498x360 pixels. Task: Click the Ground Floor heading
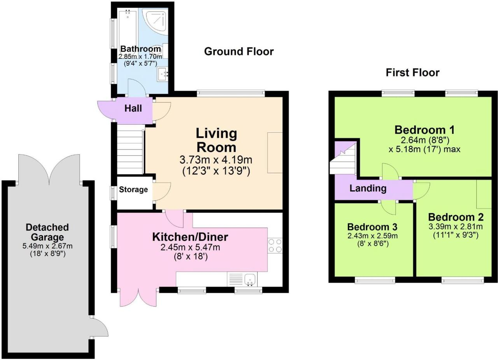239,52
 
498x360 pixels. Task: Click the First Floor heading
412,73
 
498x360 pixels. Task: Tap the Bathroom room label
140,49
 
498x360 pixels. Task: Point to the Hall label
133,108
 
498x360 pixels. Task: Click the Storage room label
133,190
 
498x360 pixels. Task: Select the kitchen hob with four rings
275,245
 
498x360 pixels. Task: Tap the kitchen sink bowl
250,279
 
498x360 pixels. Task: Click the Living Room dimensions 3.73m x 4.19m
216,160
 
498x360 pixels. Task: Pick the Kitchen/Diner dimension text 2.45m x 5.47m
190,247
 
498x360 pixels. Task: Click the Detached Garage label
47,232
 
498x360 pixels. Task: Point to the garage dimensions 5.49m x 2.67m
47,246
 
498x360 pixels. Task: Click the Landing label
368,188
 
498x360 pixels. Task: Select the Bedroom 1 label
424,130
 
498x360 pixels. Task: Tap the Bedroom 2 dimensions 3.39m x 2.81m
456,227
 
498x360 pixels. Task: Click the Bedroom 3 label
372,227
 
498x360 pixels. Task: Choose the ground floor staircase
130,149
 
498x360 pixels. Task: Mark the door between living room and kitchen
174,219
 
